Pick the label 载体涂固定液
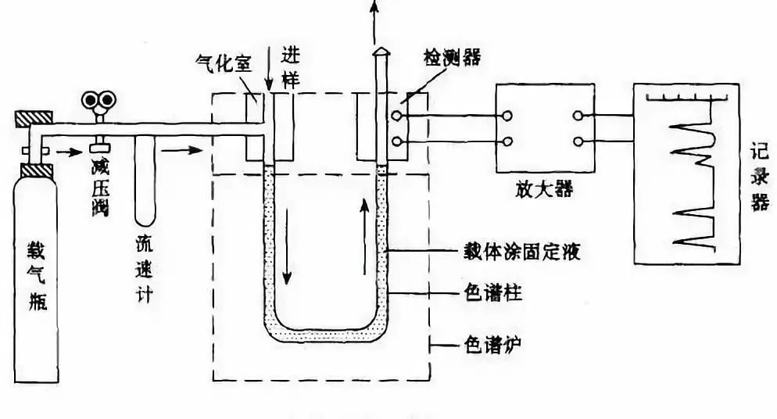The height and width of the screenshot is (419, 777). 518,252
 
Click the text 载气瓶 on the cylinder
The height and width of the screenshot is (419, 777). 37,274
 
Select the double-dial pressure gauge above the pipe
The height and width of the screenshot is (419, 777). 99,99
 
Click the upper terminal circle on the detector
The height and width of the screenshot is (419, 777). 397,116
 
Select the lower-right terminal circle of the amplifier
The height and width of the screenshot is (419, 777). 579,141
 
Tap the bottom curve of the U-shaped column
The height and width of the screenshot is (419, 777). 324,336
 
